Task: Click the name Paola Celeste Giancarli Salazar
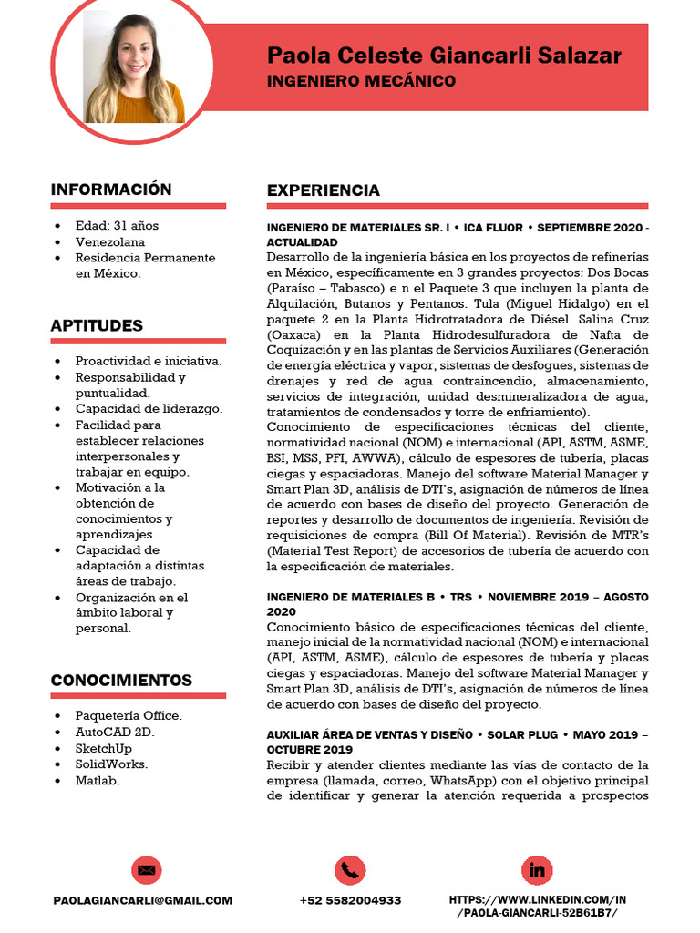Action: click(x=444, y=56)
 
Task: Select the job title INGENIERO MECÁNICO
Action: click(x=361, y=82)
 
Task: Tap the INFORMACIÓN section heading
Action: click(x=111, y=190)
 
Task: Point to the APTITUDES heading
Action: click(x=97, y=325)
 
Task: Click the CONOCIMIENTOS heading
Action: click(x=121, y=680)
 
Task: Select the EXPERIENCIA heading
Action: click(x=323, y=190)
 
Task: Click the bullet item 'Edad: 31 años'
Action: click(x=117, y=225)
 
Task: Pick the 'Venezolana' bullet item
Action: click(x=110, y=241)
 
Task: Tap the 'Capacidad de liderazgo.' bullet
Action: click(x=149, y=408)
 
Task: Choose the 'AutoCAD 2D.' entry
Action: click(x=115, y=732)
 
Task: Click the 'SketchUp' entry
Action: click(x=104, y=748)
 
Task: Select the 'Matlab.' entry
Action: click(x=98, y=780)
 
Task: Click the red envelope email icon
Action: click(x=146, y=870)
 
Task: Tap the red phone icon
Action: click(x=350, y=870)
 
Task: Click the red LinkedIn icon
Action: click(x=536, y=870)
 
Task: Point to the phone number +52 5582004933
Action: click(x=350, y=900)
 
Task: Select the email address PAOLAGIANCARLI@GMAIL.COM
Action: click(x=143, y=900)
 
